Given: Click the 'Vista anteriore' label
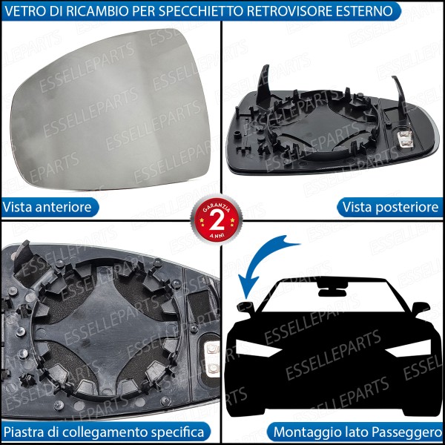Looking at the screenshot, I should point(47,207).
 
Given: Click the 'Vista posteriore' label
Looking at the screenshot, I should point(390,207).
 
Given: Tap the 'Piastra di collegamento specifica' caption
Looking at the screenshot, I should point(104,431).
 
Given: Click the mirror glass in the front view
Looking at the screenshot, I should point(111,108).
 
